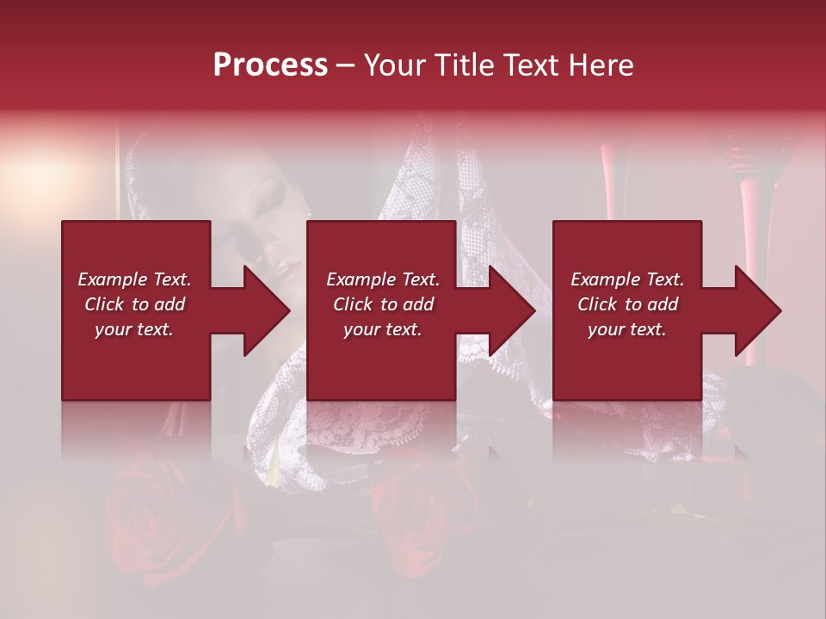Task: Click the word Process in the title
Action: pos(270,65)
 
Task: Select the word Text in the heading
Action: pos(533,65)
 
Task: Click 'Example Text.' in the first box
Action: pos(134,279)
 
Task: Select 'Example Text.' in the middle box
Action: pos(383,279)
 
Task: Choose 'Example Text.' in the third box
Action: pos(627,279)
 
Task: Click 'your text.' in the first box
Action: pos(134,329)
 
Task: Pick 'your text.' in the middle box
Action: pos(383,329)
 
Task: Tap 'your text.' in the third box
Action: pos(627,329)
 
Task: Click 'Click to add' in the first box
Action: pos(134,304)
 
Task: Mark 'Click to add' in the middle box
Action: pos(383,304)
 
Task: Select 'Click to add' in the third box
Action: pos(627,304)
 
